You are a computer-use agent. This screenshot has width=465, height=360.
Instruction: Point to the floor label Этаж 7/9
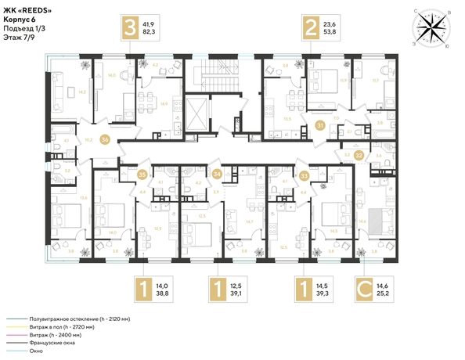coord(19,38)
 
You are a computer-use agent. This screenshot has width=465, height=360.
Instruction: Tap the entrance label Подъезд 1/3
coord(24,28)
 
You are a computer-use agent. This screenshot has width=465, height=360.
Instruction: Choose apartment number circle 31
coord(320,126)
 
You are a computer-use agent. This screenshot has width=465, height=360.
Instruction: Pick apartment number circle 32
coord(359,156)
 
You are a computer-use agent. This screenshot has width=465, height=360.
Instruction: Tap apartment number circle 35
coord(142,174)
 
